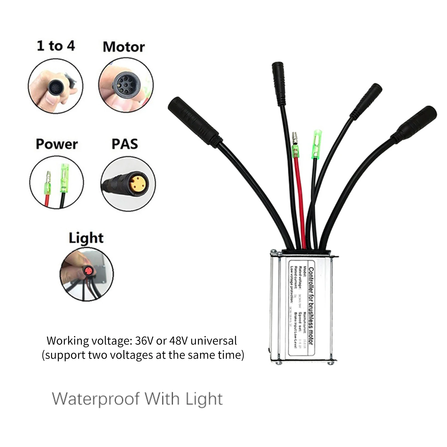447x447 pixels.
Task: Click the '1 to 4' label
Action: (56, 46)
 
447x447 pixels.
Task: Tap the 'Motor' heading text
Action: (124, 47)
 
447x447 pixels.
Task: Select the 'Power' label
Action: (57, 144)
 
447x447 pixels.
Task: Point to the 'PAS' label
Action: (125, 144)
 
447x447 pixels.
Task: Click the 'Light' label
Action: (86, 238)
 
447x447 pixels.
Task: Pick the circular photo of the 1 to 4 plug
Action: (56, 86)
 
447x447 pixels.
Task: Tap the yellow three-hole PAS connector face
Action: (139, 183)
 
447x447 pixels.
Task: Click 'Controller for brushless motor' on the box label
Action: (311, 306)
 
